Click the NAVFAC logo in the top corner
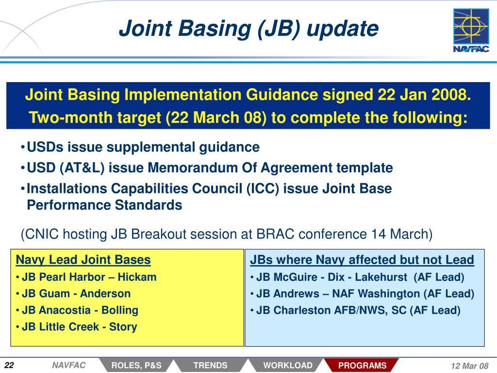[471, 31]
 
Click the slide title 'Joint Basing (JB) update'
[248, 29]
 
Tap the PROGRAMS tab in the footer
[362, 365]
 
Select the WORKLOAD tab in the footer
[288, 365]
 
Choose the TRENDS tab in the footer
[211, 365]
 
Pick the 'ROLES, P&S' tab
[136, 365]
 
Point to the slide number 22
[10, 365]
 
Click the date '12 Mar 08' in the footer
[470, 366]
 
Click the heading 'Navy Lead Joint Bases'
[83, 260]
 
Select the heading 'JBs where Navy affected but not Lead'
[362, 260]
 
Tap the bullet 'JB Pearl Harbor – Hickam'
[89, 277]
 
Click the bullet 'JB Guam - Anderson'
[76, 294]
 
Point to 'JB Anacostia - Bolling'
[80, 310]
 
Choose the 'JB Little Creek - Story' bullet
[79, 327]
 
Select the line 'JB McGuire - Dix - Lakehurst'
[331, 277]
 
